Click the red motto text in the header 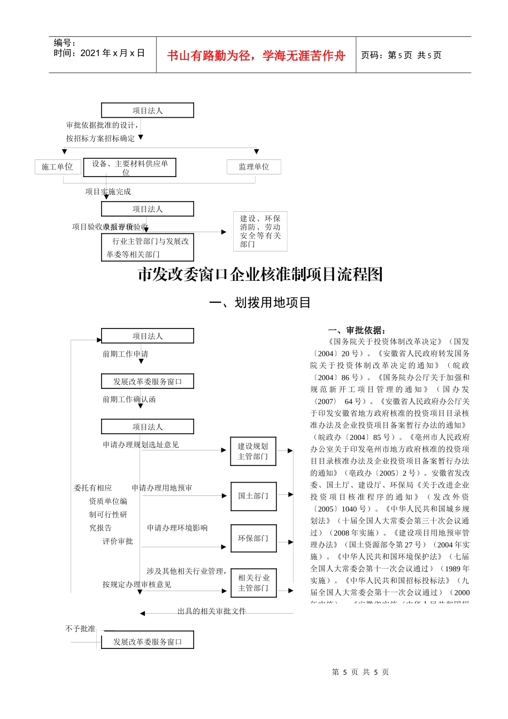[256, 56]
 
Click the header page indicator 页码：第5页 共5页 [401, 55]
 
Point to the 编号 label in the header [65, 43]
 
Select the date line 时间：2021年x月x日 [99, 53]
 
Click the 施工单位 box [57, 167]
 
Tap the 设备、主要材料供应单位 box [130, 167]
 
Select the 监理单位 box [254, 167]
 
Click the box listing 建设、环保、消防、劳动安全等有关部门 [260, 231]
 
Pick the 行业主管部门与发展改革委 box [148, 247]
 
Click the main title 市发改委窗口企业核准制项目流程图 [260, 274]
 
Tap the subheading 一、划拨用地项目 [260, 303]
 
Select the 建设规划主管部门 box [253, 451]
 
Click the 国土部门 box [253, 496]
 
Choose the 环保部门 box [253, 538]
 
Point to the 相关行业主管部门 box [253, 583]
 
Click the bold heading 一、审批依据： [357, 330]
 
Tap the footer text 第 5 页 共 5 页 [360, 672]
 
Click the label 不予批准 [80, 629]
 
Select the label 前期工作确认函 [129, 399]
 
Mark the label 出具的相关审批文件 [212, 611]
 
